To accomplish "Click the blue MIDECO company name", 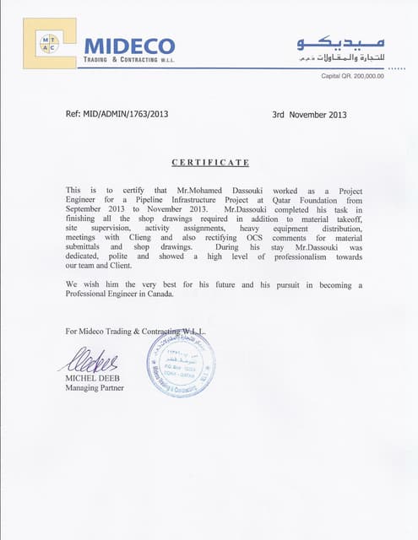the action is point(129,45).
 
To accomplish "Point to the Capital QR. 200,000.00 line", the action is point(352,76).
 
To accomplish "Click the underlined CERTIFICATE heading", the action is point(210,162).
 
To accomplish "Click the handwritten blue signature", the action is point(87,361).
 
